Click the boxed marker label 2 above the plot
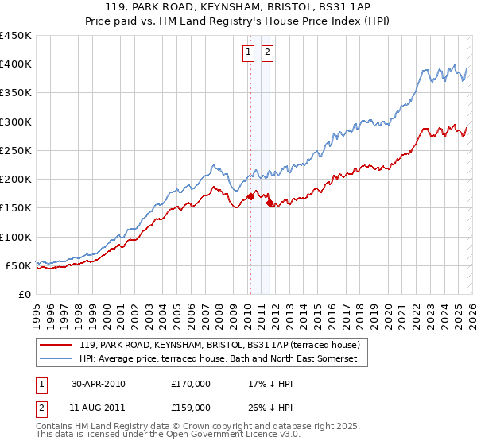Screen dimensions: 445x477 point(268,53)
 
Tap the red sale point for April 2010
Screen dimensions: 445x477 point(250,196)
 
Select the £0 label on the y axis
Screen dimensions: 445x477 point(25,294)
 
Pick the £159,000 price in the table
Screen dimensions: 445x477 point(191,408)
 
